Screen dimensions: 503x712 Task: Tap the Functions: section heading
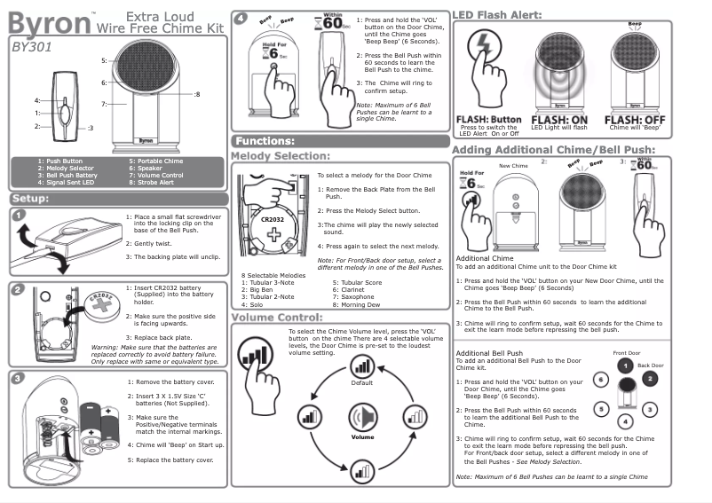(x=265, y=140)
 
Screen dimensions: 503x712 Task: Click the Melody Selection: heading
(x=280, y=156)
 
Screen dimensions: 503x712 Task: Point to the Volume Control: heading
(x=275, y=317)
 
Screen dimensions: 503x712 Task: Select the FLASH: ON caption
(x=559, y=119)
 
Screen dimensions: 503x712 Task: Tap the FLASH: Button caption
(x=488, y=119)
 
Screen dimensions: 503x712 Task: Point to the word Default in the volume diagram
(x=362, y=382)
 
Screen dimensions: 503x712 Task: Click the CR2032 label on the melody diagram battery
(x=272, y=216)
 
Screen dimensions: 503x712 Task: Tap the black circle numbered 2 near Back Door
(x=649, y=378)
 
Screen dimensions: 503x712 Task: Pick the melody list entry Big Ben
(x=263, y=288)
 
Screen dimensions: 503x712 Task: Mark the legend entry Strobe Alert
(x=156, y=181)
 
